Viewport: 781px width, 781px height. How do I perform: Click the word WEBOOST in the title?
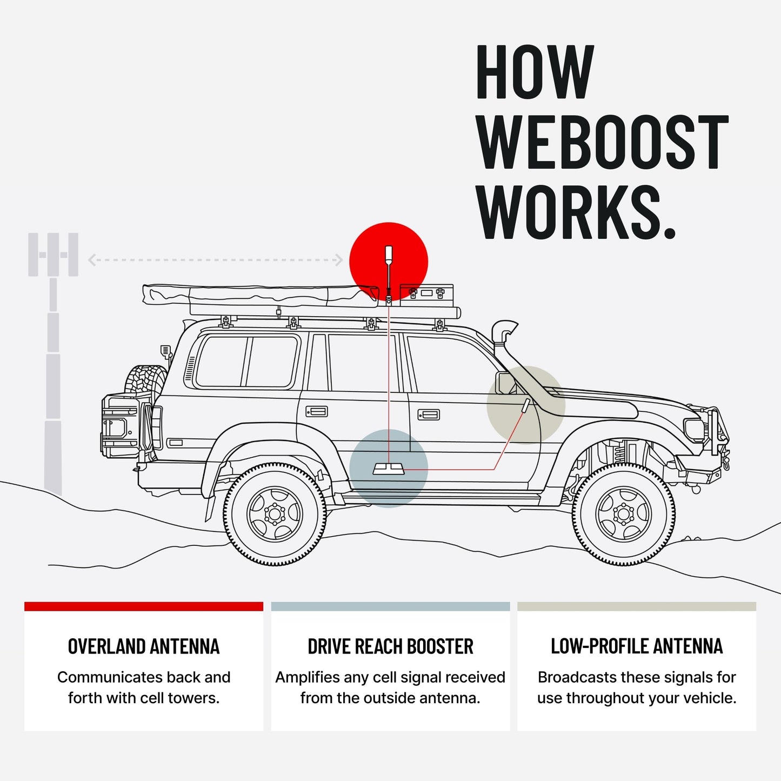click(x=603, y=142)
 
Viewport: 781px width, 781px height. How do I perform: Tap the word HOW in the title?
click(x=535, y=72)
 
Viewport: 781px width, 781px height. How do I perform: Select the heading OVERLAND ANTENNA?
click(x=144, y=646)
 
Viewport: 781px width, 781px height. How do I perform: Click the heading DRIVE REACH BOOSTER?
click(x=390, y=646)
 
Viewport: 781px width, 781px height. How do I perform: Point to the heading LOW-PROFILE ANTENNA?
click(x=637, y=646)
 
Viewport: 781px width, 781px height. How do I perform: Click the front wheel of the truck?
click(x=624, y=514)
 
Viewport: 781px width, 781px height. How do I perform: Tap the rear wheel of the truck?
click(x=275, y=514)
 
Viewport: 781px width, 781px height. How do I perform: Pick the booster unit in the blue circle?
click(x=388, y=469)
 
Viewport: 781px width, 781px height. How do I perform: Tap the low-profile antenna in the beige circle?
click(x=525, y=406)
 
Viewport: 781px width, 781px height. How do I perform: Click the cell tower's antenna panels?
click(x=53, y=255)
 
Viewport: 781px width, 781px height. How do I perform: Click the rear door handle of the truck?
click(x=317, y=412)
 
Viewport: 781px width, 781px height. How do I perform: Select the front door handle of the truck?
click(x=429, y=415)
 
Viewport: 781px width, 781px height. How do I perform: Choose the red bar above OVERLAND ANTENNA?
click(x=144, y=606)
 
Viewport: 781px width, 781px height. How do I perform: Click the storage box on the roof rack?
click(x=426, y=292)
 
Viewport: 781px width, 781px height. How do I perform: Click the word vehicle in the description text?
click(x=708, y=698)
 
